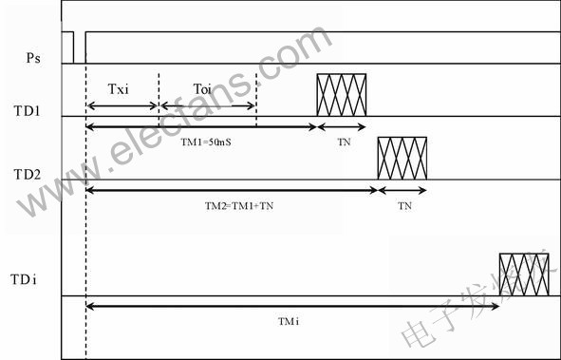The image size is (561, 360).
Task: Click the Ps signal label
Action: coord(33,58)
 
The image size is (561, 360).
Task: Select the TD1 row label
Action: coord(27,111)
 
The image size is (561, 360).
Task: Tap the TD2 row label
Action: coord(28,175)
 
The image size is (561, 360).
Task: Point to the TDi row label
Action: coord(24,279)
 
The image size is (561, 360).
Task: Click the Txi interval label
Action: coord(118,88)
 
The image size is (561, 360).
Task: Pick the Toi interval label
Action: coord(202,88)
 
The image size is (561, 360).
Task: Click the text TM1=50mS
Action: coord(206,142)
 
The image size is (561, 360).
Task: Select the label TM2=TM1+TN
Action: coord(239,206)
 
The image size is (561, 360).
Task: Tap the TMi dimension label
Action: coord(289,322)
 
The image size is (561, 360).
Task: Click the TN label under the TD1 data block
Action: coord(344,142)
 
